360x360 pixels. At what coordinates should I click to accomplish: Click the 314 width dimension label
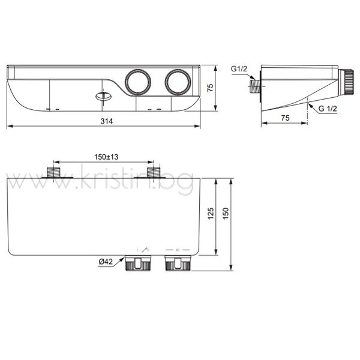coord(107,121)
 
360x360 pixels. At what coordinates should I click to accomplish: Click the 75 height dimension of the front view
coord(211,88)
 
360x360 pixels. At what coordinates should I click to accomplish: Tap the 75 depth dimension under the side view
coord(285,118)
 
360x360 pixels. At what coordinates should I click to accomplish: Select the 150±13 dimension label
coord(106,157)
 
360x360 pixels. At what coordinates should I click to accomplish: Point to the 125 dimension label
coord(211,214)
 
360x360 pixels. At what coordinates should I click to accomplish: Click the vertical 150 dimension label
coord(226,214)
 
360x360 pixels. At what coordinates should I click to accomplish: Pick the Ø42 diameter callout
coord(106,262)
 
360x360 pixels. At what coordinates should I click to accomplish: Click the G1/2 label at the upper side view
coord(239,68)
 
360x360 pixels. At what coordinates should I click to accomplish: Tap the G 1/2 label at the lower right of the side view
coord(328,109)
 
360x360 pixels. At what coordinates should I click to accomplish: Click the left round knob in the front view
coord(138,82)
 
